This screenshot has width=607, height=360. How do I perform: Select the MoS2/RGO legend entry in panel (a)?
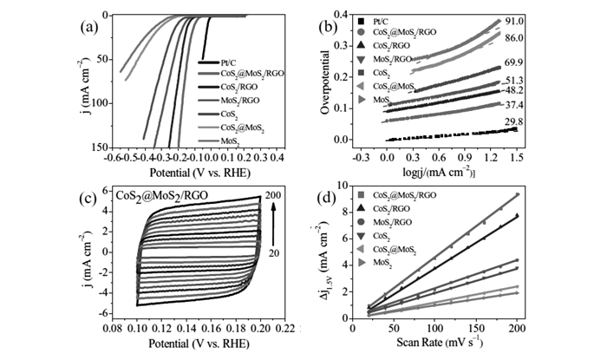pos(237,100)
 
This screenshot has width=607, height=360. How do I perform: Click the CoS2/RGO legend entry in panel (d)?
pos(400,209)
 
